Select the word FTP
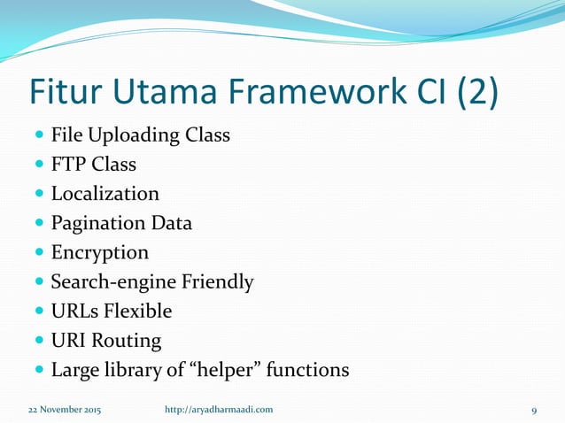pos(70,165)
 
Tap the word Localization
pos(104,194)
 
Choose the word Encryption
pos(99,252)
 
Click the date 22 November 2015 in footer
pos(64,409)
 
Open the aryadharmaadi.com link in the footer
pos(220,409)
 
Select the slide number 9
pos(534,409)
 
